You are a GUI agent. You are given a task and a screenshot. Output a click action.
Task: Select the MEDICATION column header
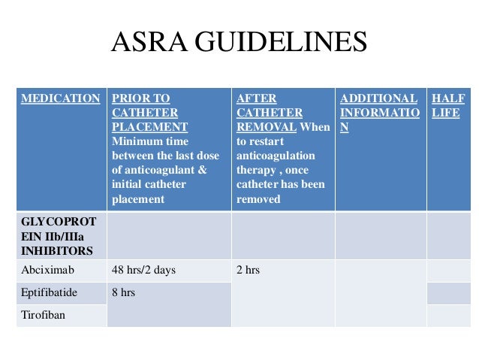[x=60, y=98]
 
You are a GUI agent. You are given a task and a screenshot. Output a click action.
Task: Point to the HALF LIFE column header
[x=447, y=105]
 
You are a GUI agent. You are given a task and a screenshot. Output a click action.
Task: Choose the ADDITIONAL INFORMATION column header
[x=379, y=113]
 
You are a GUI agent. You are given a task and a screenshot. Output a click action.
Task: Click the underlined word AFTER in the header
[x=255, y=98]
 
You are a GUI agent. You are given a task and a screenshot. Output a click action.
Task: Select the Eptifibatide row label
[x=50, y=292]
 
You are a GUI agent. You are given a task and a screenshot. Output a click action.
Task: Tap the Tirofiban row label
[x=44, y=315]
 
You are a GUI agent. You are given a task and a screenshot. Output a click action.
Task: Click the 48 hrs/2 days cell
[x=143, y=270]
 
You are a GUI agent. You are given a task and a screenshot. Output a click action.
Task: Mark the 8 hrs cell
[x=123, y=292]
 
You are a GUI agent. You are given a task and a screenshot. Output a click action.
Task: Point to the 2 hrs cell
[x=248, y=270]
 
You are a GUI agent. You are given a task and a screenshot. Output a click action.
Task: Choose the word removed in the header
[x=258, y=199]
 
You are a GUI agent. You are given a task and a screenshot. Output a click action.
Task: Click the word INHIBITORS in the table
[x=57, y=250]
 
